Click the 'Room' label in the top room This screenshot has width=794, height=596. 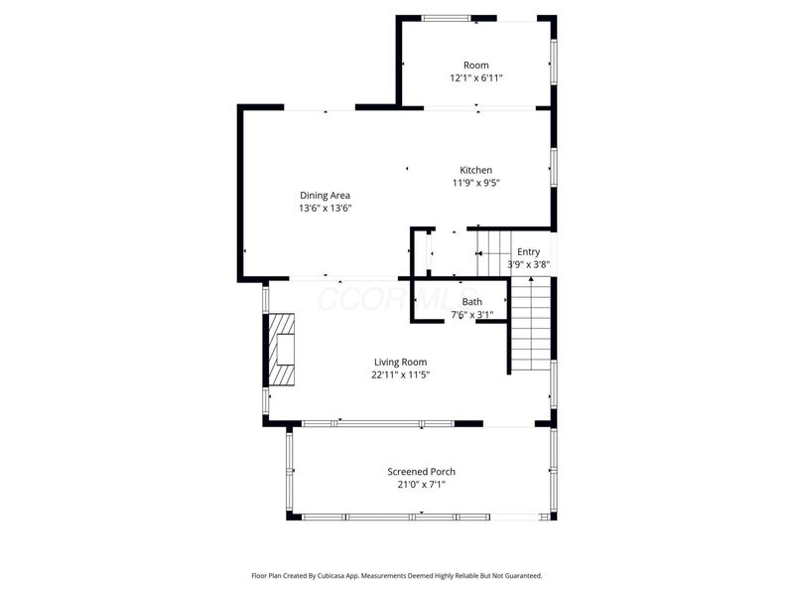click(476, 66)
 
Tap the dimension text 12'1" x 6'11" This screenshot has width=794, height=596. click(476, 78)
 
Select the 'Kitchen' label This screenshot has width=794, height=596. click(475, 170)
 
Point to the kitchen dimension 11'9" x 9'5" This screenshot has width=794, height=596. click(475, 183)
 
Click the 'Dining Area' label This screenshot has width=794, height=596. click(325, 196)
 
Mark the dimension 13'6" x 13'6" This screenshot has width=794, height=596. click(325, 209)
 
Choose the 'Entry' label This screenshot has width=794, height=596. click(528, 252)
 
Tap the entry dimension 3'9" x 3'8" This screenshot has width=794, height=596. click(528, 264)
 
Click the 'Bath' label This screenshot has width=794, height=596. click(472, 302)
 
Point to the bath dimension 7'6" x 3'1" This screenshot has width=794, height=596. click(472, 315)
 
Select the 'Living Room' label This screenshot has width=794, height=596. click(400, 363)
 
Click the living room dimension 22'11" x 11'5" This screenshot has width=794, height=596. click(400, 375)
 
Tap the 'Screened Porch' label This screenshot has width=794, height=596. click(421, 472)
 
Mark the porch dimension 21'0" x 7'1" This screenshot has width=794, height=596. click(421, 485)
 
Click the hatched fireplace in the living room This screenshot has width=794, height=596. click(281, 350)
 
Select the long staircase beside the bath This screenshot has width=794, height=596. click(530, 324)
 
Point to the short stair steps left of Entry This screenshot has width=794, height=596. click(493, 253)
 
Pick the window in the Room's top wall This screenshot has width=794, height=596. click(446, 18)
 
